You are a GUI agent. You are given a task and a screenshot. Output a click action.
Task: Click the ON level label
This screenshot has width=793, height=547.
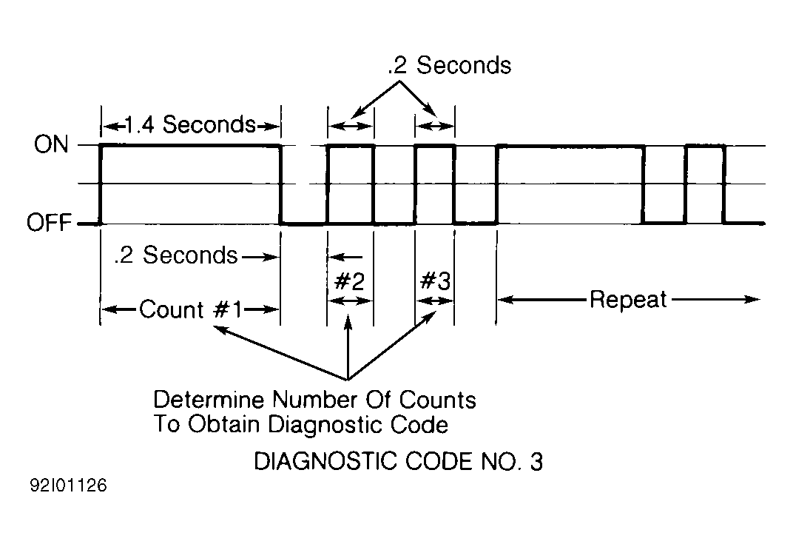click(x=51, y=144)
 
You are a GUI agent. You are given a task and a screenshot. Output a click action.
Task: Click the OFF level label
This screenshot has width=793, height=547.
click(x=49, y=223)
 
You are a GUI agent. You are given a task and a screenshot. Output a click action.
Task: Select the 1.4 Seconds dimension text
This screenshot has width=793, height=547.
click(x=190, y=124)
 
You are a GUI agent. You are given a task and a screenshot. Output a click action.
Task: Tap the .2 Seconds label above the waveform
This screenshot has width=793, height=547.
click(x=449, y=65)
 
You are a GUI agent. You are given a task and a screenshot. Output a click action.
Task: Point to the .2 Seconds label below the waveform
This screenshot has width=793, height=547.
click(x=175, y=255)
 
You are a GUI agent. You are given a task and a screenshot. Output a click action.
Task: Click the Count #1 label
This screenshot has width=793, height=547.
click(x=191, y=309)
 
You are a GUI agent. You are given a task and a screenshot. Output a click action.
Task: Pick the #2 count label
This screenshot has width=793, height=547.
click(x=349, y=281)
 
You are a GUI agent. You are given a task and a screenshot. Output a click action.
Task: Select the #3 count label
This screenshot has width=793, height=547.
click(x=436, y=281)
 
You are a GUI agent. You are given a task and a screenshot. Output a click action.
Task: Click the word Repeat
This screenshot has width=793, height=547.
click(x=628, y=300)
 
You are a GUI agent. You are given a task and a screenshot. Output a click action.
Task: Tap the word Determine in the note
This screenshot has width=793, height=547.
click(x=209, y=400)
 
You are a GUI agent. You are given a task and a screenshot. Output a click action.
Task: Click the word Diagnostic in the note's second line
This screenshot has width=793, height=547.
click(x=323, y=424)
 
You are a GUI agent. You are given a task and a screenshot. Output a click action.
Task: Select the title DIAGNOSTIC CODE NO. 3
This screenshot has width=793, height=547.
click(x=399, y=461)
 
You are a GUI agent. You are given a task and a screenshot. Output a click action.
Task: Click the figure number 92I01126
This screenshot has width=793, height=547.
click(x=68, y=486)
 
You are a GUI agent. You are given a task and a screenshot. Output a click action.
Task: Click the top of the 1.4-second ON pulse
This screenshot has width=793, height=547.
click(x=191, y=146)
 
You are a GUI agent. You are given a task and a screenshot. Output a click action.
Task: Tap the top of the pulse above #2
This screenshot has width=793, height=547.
click(x=351, y=146)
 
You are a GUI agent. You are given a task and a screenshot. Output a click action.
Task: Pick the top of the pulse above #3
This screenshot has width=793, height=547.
click(x=435, y=146)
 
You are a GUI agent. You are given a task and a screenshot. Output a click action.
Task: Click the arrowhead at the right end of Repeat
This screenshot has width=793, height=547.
click(x=753, y=300)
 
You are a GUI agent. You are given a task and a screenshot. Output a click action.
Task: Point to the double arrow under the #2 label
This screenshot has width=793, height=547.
click(x=350, y=301)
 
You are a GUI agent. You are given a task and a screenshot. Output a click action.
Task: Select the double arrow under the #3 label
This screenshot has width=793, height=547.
click(x=435, y=301)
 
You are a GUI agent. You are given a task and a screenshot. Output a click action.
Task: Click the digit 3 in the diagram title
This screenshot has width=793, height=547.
click(x=536, y=461)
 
